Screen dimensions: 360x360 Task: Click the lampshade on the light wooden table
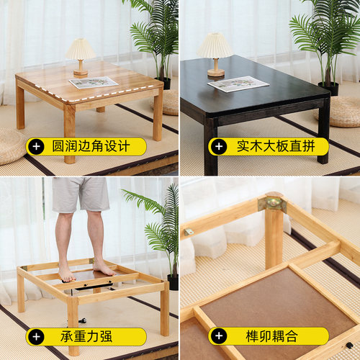point(81,49)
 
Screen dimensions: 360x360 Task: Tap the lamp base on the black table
point(216,73)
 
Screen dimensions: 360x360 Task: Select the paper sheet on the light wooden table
point(94,82)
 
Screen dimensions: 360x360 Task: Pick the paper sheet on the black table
point(238,84)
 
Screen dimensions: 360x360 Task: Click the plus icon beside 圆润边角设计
point(37,146)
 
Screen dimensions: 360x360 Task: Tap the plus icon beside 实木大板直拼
point(219,146)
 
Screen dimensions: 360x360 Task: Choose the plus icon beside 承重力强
point(37,336)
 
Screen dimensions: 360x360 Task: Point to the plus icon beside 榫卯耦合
point(219,336)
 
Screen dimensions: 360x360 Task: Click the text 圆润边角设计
point(91,146)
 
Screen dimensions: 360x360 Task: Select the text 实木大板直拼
point(276,146)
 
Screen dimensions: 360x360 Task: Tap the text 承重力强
point(86,336)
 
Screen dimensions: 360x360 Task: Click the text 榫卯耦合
point(271,336)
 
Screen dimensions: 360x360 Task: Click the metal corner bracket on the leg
point(273,204)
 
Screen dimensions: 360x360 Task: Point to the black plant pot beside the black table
point(328,88)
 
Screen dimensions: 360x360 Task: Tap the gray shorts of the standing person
point(81,194)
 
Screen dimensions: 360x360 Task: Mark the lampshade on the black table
point(215,46)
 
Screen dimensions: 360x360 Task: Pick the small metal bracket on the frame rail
point(189,232)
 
